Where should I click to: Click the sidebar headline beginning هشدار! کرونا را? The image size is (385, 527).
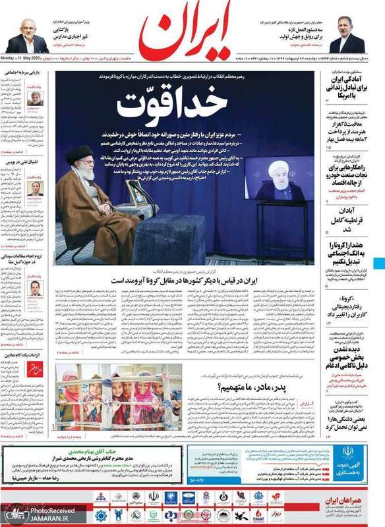pos(345,253)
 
